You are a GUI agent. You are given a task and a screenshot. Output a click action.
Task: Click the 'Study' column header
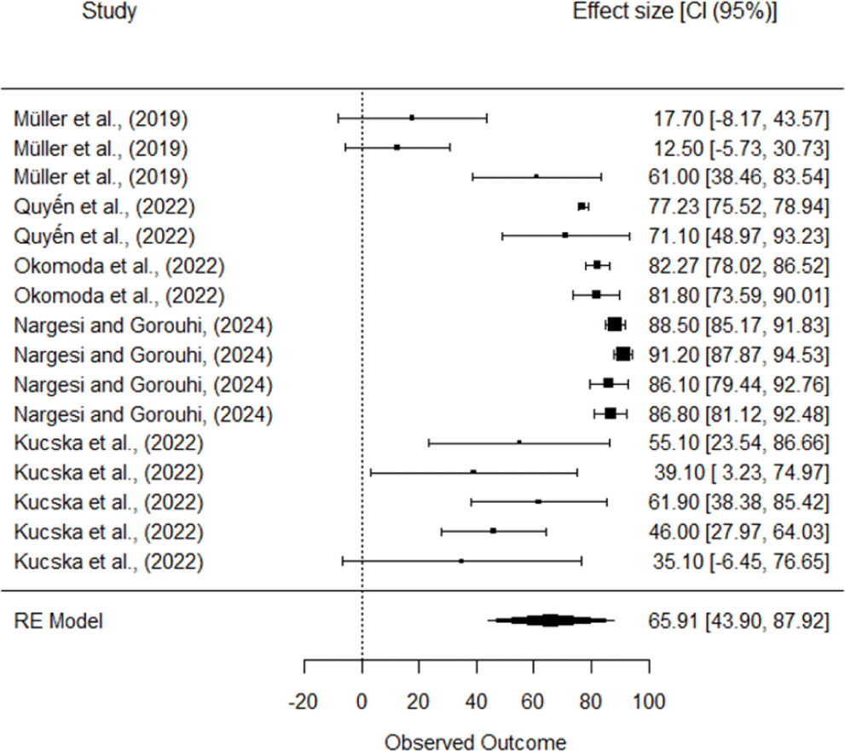(x=109, y=13)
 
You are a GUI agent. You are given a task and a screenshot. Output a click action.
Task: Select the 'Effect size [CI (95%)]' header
(x=675, y=13)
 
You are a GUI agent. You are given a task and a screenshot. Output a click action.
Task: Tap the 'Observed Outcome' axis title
(x=476, y=741)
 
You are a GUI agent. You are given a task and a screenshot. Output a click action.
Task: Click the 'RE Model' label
(x=58, y=621)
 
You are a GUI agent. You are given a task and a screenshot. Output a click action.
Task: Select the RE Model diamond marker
(x=551, y=621)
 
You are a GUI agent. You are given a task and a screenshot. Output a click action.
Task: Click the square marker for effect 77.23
(x=582, y=206)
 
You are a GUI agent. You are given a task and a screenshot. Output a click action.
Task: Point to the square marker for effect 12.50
(x=397, y=147)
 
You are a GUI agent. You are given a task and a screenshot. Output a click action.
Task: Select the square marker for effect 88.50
(x=615, y=324)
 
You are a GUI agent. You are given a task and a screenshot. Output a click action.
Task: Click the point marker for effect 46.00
(x=493, y=531)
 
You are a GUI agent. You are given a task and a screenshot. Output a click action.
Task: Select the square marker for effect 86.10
(x=608, y=384)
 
